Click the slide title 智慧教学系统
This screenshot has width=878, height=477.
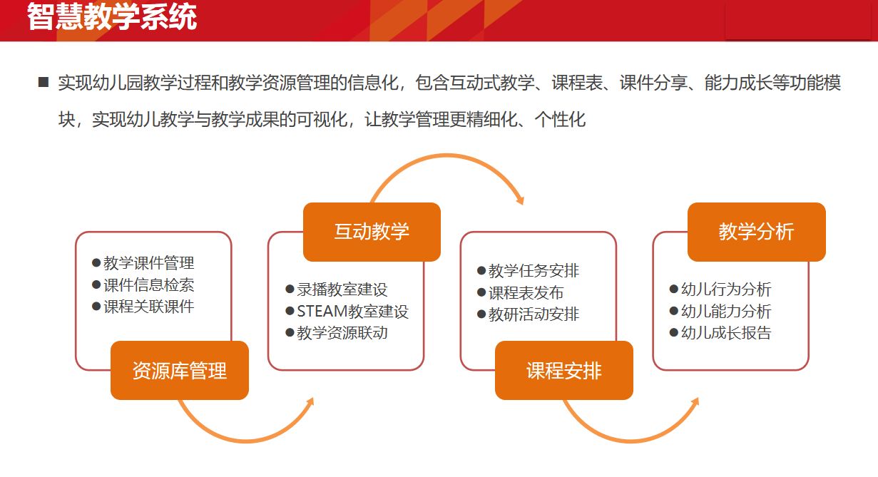[x=112, y=16]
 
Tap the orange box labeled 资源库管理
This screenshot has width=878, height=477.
[x=180, y=370]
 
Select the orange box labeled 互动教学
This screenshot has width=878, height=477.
[x=372, y=232]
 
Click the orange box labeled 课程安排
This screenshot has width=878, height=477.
[x=564, y=370]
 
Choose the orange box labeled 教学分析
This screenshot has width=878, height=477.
[x=757, y=232]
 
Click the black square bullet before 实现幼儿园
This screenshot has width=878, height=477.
[x=43, y=82]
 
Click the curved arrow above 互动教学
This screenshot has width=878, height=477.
[x=446, y=156]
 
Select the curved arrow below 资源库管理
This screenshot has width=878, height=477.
[x=247, y=441]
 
